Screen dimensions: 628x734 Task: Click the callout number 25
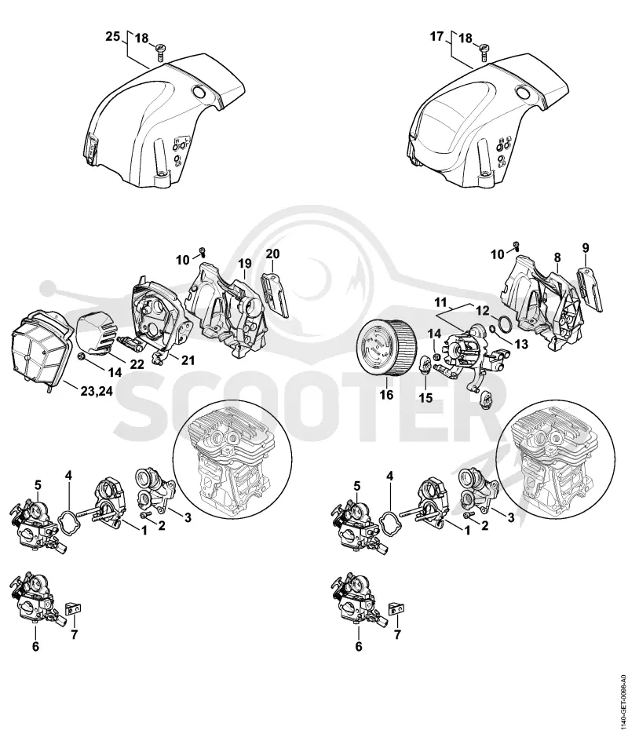click(113, 37)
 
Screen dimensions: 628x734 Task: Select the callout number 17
click(436, 36)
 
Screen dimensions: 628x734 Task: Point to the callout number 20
click(273, 254)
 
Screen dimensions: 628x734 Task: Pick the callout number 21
click(188, 360)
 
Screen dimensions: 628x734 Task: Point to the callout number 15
click(425, 398)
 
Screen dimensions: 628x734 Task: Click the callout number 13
click(520, 344)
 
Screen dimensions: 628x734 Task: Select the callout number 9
click(586, 247)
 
